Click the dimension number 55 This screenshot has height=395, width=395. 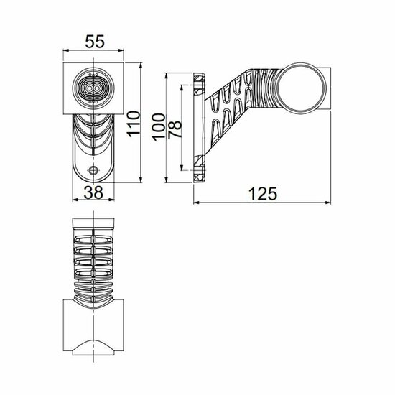[x=93, y=41]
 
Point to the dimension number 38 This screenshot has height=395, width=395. [x=93, y=191]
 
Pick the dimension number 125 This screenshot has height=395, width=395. [x=262, y=193]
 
